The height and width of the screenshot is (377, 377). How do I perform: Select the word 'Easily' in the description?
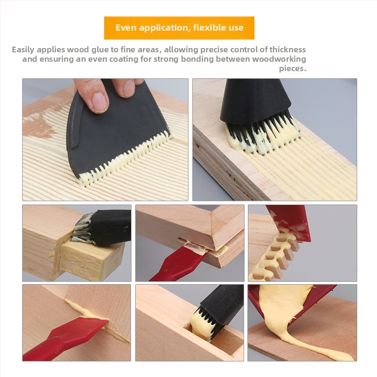[x=23, y=50]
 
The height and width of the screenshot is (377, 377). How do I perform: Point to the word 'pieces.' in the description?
[x=293, y=68]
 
